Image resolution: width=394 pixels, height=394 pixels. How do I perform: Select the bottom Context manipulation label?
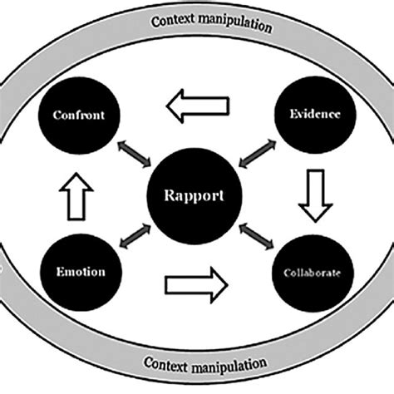pyautogui.click(x=204, y=364)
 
